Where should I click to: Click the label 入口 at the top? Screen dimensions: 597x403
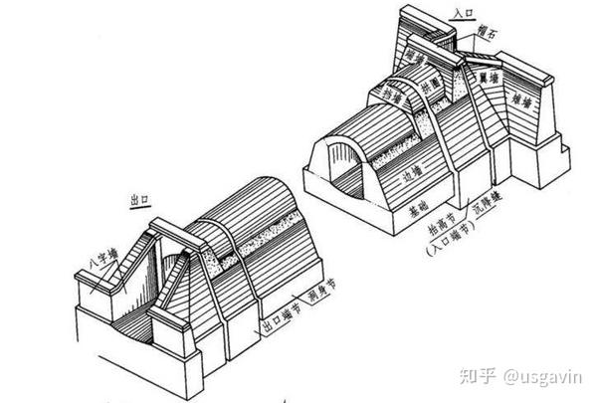click(462, 14)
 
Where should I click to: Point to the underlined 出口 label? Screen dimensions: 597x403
click(142, 199)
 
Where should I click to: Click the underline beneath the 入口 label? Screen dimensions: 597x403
click(462, 21)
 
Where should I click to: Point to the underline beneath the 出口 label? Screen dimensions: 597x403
click(142, 206)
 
